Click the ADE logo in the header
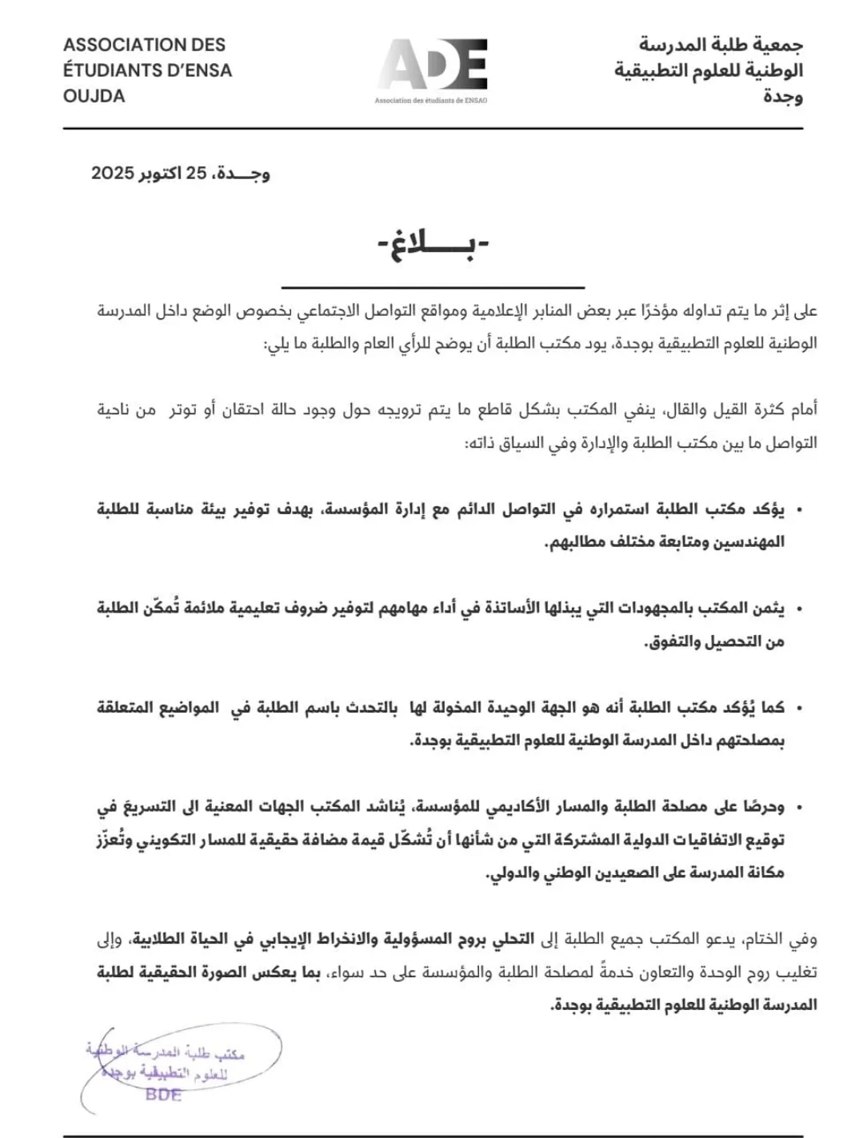pyautogui.click(x=432, y=65)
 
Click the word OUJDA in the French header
pyautogui.click(x=94, y=96)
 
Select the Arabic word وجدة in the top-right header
pyautogui.click(x=783, y=97)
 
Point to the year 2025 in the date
pyautogui.click(x=112, y=173)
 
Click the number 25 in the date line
pyautogui.click(x=197, y=173)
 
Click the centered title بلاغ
pyautogui.click(x=433, y=247)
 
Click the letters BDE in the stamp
pyautogui.click(x=163, y=1095)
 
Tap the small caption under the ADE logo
pyautogui.click(x=431, y=101)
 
